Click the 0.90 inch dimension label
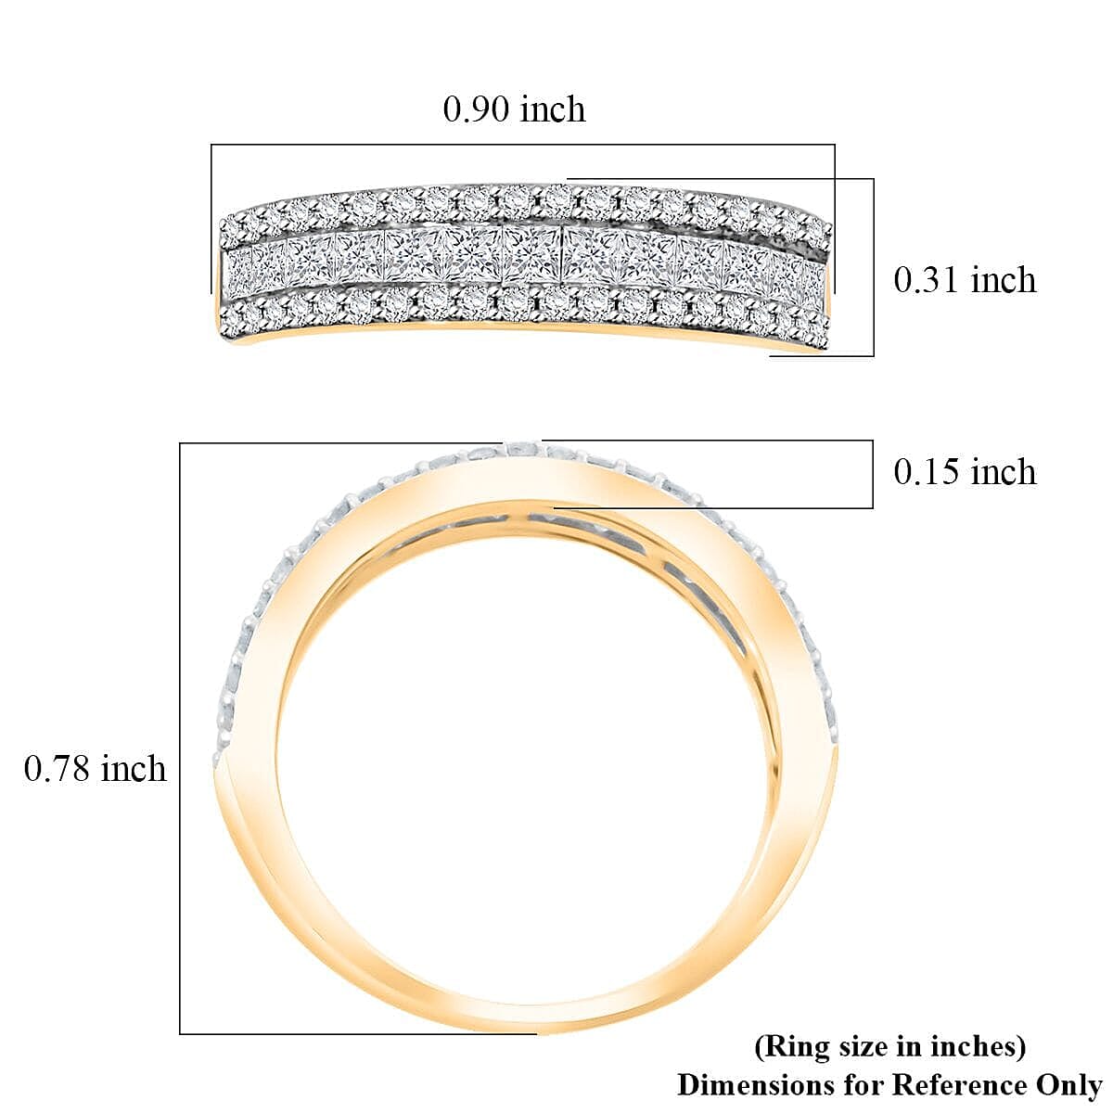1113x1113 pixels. point(514,109)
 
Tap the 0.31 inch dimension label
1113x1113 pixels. point(964,279)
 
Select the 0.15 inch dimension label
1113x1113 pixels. point(964,472)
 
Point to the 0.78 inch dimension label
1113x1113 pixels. point(95,769)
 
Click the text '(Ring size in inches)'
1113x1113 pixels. point(889,1046)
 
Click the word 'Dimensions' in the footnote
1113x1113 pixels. point(755,1084)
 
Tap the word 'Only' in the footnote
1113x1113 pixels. point(1068,1084)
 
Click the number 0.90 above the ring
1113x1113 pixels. point(477,109)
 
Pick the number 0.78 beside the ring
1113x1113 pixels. point(58,769)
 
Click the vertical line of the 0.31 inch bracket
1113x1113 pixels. point(874,267)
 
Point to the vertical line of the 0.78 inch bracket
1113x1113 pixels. point(180,738)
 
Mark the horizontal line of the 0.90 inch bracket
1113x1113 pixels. point(523,145)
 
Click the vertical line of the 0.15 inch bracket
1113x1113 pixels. point(873,474)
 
